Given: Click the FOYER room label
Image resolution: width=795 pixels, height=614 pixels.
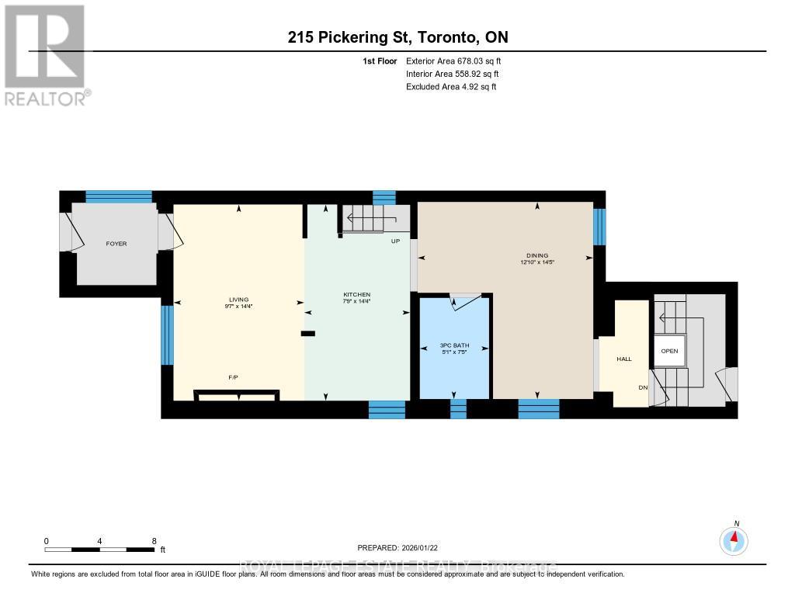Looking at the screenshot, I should (116, 244).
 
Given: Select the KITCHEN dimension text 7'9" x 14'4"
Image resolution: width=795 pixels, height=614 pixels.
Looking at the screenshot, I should (357, 303).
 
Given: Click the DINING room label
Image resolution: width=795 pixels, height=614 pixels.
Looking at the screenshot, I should (537, 255).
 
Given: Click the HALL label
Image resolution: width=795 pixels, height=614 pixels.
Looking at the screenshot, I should (624, 359).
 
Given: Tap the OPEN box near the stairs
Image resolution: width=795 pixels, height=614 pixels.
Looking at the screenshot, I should (669, 351).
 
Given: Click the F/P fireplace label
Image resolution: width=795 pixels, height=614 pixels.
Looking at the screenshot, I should (232, 377).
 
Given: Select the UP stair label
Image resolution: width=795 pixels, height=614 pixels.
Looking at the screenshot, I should (394, 241).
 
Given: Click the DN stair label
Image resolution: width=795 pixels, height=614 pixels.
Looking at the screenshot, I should (643, 387).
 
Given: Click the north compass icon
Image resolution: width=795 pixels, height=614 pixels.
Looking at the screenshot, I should (734, 539).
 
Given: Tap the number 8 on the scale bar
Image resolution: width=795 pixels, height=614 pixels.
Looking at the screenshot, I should (154, 541).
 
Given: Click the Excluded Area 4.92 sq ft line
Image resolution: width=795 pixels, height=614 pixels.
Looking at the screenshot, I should (451, 87).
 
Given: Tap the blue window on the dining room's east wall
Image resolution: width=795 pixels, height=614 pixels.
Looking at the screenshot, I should (599, 227).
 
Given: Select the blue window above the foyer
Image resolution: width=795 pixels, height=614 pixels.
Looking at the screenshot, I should (118, 196).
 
